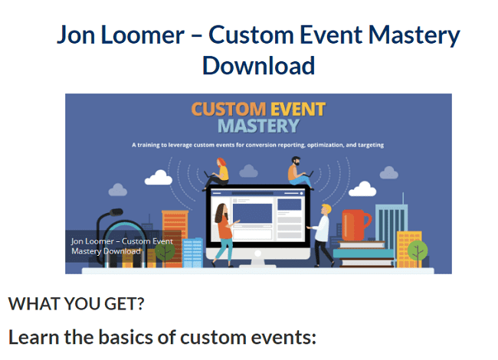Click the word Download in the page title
(x=258, y=65)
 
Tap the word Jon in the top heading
(x=76, y=34)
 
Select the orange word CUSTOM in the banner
(x=228, y=110)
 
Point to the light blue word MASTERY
(x=258, y=126)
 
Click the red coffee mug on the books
(x=355, y=224)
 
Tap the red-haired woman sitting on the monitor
(x=217, y=174)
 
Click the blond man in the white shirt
(x=322, y=235)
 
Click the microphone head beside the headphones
(x=116, y=212)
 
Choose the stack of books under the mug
(x=364, y=254)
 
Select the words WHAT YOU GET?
(x=76, y=303)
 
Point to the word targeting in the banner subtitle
(x=371, y=145)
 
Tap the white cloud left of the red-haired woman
(x=158, y=178)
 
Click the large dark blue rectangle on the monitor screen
(x=252, y=214)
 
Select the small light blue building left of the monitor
(x=192, y=253)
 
